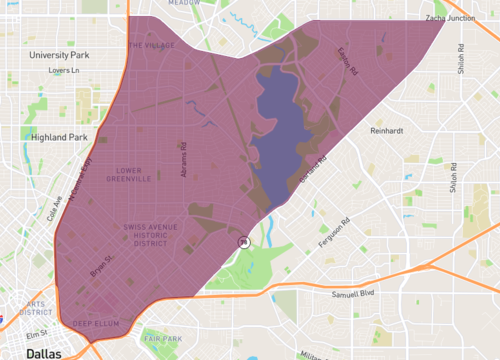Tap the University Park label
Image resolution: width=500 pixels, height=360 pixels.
tap(60, 55)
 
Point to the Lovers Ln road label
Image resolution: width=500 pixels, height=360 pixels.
tap(63, 71)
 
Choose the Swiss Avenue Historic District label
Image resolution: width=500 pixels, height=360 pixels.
tap(150, 236)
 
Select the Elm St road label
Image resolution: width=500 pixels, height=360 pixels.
tap(37, 334)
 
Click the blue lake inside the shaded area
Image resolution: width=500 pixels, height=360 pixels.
tap(275, 130)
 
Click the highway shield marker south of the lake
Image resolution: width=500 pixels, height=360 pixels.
tap(242, 241)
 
